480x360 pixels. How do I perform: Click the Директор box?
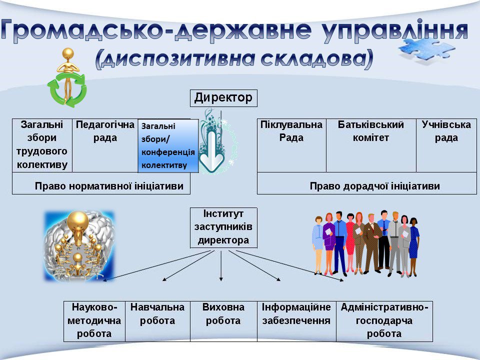click(x=223, y=98)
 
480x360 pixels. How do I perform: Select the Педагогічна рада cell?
click(x=105, y=145)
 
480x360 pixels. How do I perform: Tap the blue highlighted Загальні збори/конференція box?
click(x=168, y=145)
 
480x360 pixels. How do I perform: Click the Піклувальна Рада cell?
click(x=291, y=145)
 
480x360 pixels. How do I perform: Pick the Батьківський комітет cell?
click(x=370, y=145)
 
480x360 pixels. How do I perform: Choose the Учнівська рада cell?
click(x=446, y=145)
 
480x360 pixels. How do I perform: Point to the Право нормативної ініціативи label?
click(x=109, y=186)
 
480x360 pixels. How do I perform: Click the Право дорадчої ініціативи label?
click(x=374, y=186)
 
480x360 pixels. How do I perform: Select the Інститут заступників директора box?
click(x=223, y=228)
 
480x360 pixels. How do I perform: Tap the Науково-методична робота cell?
click(x=94, y=321)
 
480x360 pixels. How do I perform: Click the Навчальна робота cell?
click(x=157, y=321)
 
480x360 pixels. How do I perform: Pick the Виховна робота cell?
click(x=223, y=321)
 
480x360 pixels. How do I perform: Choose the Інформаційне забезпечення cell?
click(x=296, y=321)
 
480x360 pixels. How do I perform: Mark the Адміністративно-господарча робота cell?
click(x=384, y=321)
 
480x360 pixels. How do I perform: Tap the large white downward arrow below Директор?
click(x=211, y=151)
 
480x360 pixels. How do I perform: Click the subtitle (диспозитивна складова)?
click(x=234, y=59)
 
